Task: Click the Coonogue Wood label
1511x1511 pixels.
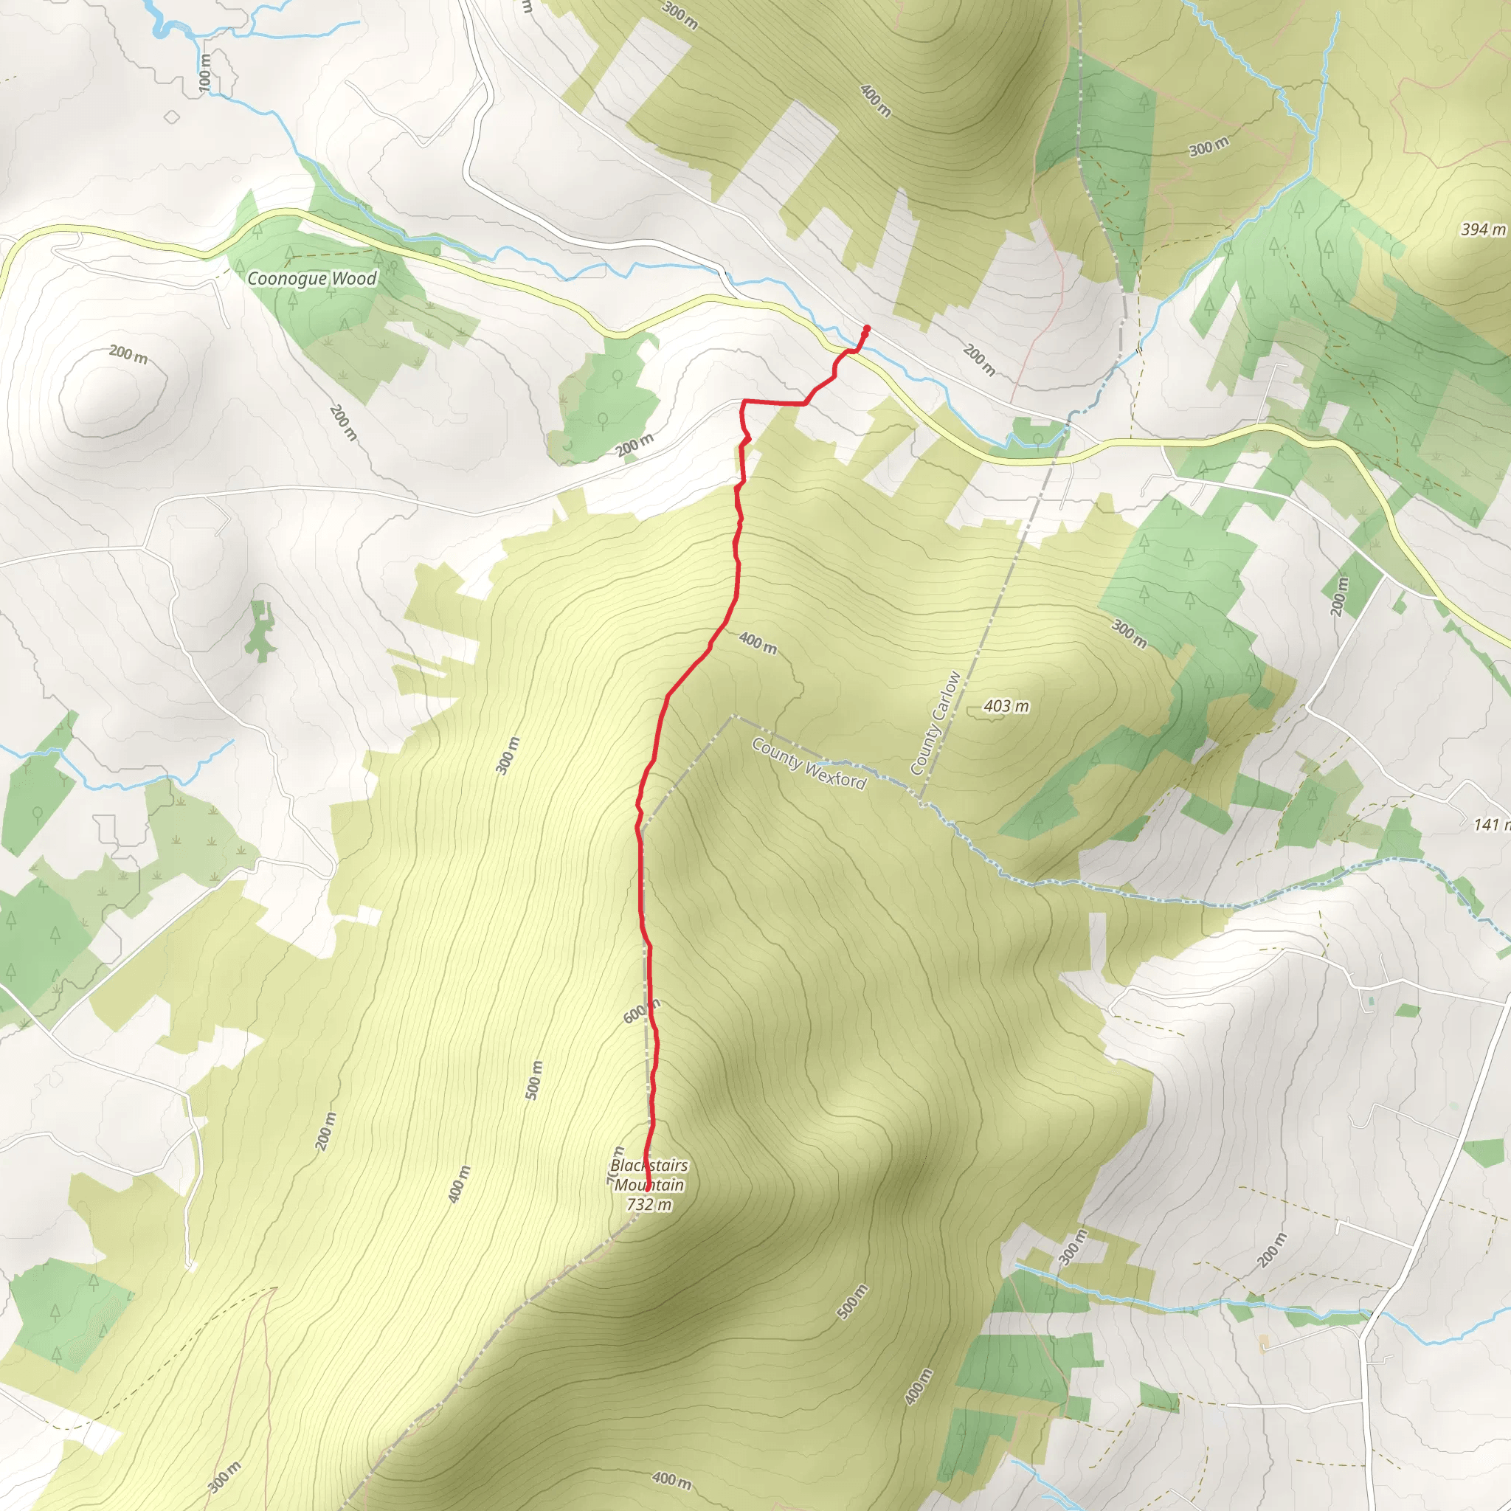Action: [311, 278]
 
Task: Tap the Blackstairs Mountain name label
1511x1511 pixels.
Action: [649, 1175]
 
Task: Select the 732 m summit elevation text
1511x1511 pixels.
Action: [649, 1204]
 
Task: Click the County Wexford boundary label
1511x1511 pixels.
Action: [809, 764]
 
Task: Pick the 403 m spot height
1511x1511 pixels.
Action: [1006, 706]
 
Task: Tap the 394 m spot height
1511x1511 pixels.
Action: [1483, 229]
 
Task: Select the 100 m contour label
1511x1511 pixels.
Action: [205, 72]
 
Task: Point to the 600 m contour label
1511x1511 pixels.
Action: [640, 1012]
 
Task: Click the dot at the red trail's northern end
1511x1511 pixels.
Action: [868, 328]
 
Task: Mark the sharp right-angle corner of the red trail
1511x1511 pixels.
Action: [742, 402]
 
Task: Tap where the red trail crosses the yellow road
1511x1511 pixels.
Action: [849, 351]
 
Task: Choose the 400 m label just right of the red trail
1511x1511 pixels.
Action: [757, 643]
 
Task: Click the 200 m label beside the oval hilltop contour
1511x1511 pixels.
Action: [128, 353]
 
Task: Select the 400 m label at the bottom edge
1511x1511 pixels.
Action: [671, 1480]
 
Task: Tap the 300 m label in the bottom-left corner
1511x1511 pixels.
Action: [225, 1476]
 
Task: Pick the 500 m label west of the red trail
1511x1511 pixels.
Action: [534, 1079]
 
